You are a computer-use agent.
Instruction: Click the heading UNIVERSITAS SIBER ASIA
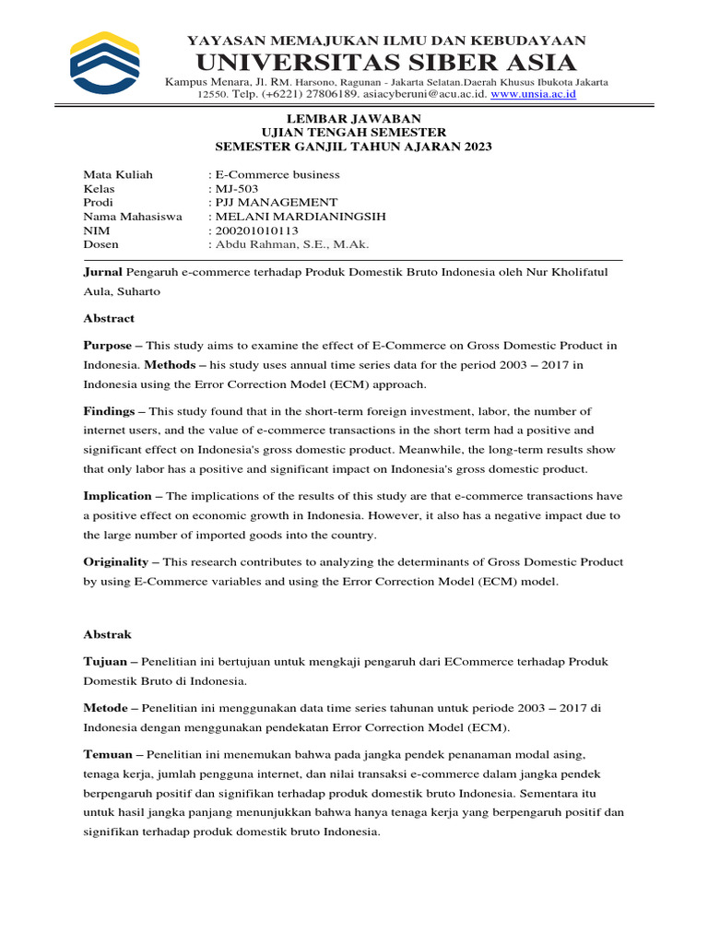pyautogui.click(x=385, y=63)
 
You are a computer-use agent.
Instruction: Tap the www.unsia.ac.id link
pyautogui.click(x=533, y=94)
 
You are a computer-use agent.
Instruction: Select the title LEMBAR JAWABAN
pyautogui.click(x=354, y=119)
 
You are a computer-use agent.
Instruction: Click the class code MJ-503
pyautogui.click(x=238, y=188)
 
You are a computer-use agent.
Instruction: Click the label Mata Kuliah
pyautogui.click(x=118, y=174)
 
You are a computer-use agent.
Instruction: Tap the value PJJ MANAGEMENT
pyautogui.click(x=276, y=202)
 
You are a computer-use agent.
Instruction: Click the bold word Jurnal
pyautogui.click(x=102, y=272)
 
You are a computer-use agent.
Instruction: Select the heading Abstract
pyautogui.click(x=109, y=318)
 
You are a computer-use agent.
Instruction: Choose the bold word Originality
pyautogui.click(x=116, y=561)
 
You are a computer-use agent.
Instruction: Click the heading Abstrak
pyautogui.click(x=108, y=634)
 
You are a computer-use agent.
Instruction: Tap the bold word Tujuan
pyautogui.click(x=105, y=662)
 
